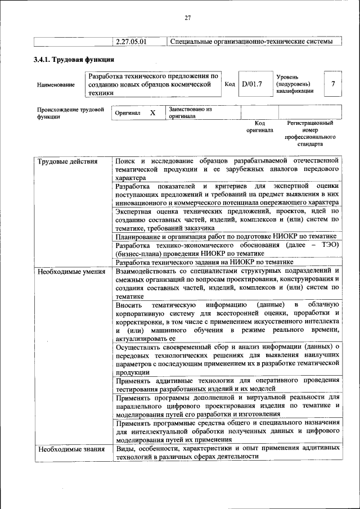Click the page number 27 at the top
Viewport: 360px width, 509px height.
pyautogui.click(x=188, y=18)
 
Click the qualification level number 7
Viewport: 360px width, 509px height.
pyautogui.click(x=333, y=84)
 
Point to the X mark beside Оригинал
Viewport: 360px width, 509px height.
pyautogui.click(x=152, y=113)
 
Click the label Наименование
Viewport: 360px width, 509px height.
pyautogui.click(x=56, y=85)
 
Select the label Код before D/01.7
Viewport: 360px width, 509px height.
pyautogui.click(x=229, y=84)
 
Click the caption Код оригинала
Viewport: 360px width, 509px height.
pyautogui.click(x=259, y=126)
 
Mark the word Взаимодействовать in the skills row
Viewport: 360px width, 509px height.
pyautogui.click(x=150, y=272)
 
